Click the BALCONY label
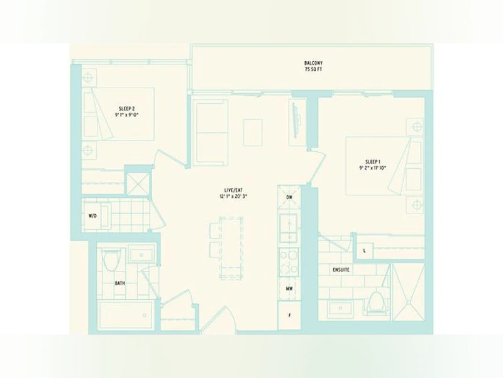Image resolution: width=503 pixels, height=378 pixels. tap(313, 63)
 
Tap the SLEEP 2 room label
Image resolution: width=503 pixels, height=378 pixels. tap(127, 108)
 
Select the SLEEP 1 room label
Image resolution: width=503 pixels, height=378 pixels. tap(373, 161)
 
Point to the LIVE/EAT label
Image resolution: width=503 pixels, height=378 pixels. tap(233, 190)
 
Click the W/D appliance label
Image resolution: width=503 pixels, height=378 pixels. tap(92, 215)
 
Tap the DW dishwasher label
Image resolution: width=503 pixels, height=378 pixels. tap(289, 197)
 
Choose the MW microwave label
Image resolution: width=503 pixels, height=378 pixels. tap(289, 289)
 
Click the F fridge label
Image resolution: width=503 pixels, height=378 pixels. tap(290, 316)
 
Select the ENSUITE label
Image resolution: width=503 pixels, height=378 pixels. tap(341, 270)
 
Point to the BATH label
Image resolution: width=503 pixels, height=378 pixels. tap(120, 283)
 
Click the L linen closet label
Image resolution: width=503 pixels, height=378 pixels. tap(365, 251)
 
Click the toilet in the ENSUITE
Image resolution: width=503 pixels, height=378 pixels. tap(376, 302)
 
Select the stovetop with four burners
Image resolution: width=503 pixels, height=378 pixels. tap(289, 262)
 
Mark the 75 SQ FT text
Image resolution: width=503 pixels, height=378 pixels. tap(313, 69)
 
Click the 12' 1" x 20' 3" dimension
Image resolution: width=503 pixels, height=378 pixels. tap(233, 196)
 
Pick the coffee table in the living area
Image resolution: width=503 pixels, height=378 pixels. tap(253, 132)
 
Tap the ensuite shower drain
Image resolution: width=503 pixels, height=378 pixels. tap(408, 302)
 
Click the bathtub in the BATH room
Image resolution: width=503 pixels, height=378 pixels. tap(126, 315)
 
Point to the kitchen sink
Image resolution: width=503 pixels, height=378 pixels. tap(289, 227)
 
